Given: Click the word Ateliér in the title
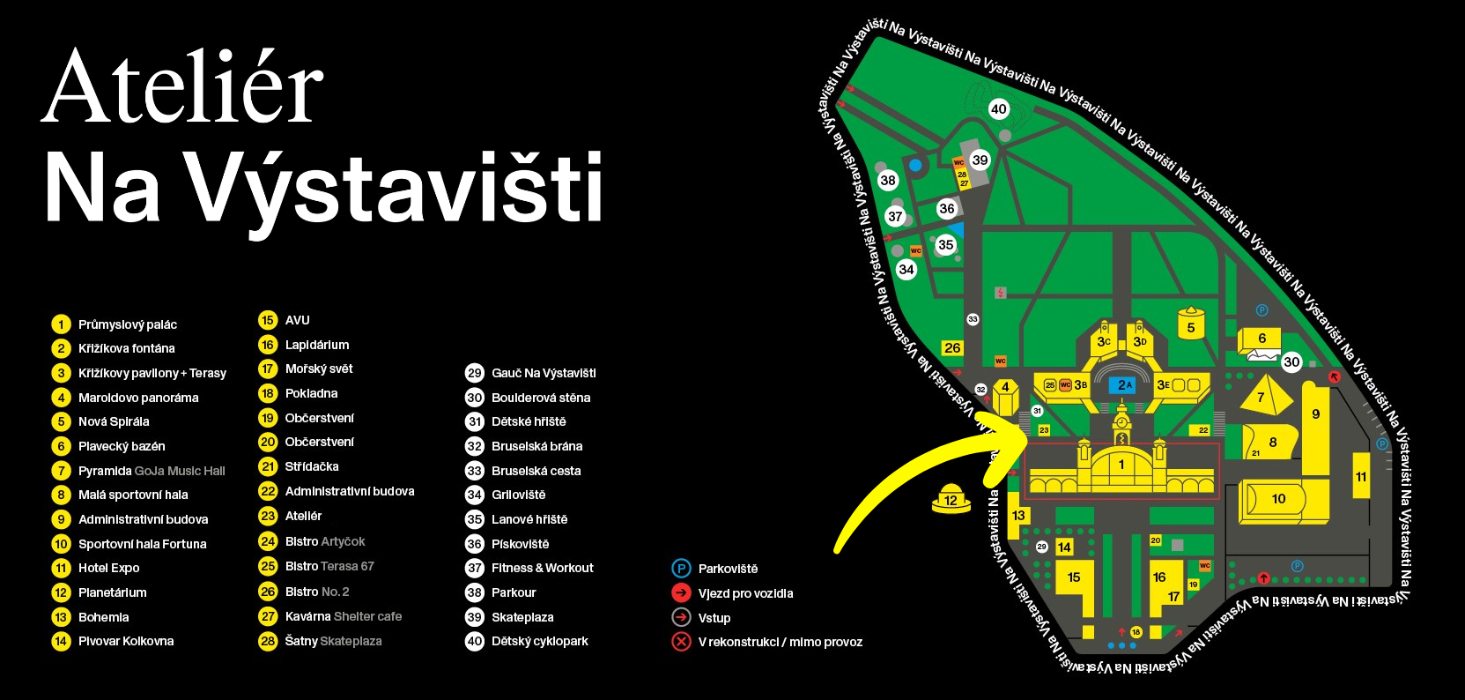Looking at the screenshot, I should tap(183, 88).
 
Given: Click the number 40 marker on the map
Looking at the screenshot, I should tap(998, 109).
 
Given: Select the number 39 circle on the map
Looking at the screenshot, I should tap(980, 160).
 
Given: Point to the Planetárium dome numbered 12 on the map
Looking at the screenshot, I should tap(951, 499).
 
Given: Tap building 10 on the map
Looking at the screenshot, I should tap(1278, 499).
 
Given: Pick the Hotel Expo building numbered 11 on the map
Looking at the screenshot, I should tap(1361, 477).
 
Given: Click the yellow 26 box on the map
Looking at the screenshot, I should tap(952, 348).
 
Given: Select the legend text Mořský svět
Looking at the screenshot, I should tap(319, 369).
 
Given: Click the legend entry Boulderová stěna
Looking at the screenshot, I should tap(541, 398).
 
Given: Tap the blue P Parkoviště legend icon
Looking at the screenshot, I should tap(681, 569).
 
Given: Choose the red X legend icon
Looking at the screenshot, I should tap(681, 642).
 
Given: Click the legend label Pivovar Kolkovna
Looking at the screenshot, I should tap(126, 641).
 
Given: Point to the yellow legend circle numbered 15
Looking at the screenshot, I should tap(268, 320).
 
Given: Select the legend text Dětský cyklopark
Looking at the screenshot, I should tap(539, 641).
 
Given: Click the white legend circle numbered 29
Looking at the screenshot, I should tap(475, 373).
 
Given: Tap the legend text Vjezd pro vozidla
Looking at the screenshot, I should tap(745, 593).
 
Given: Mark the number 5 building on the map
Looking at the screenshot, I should tap(1191, 327).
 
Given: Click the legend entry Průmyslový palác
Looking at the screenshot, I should tap(128, 324).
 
